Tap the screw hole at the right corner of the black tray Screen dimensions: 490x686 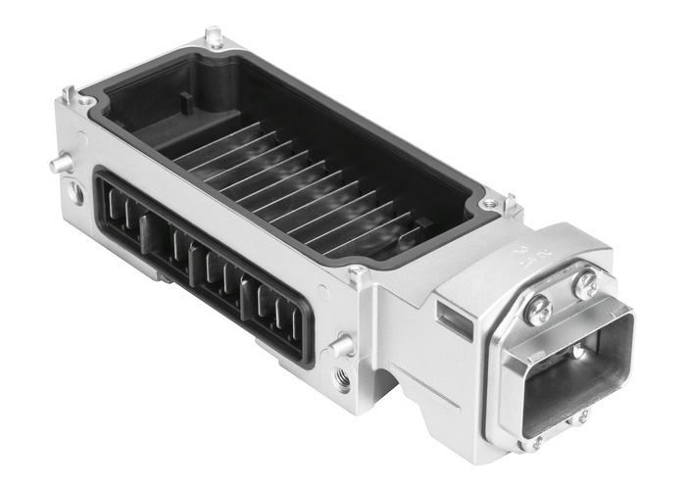click(487, 205)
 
